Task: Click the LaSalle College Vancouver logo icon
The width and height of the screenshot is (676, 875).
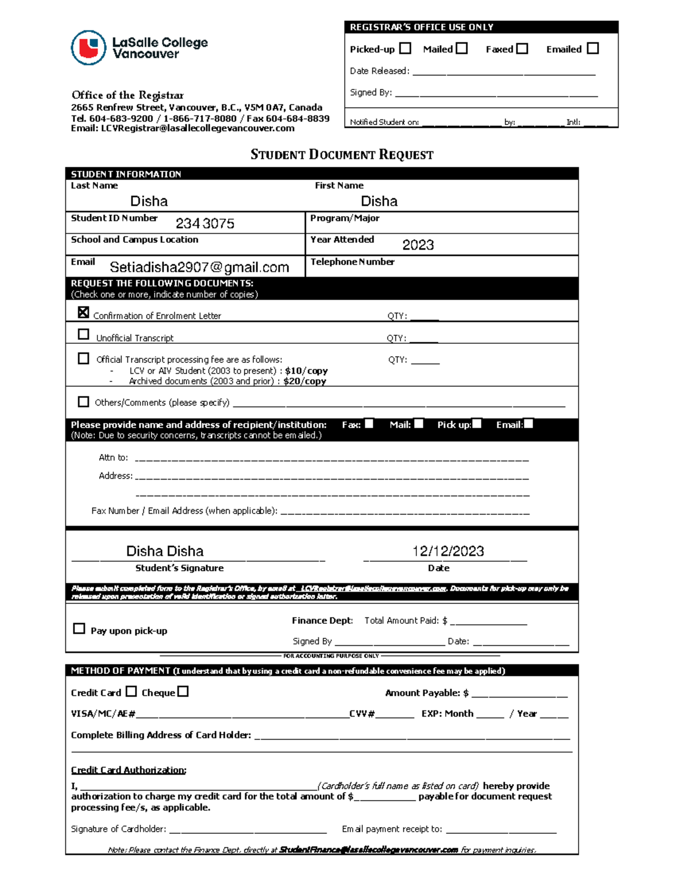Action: tap(88, 48)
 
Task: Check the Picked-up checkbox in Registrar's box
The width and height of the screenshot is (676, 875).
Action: tap(405, 48)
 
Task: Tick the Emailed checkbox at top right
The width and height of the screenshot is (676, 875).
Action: tap(593, 48)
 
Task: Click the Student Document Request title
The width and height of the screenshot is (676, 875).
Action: tap(342, 155)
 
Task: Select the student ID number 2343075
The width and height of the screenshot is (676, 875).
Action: tap(205, 224)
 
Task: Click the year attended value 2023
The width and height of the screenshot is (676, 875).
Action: tap(418, 245)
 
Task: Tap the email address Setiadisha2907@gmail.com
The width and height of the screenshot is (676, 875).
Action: tap(199, 267)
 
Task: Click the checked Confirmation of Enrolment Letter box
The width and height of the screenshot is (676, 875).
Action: tap(83, 312)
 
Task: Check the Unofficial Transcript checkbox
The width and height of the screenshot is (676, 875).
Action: tap(83, 334)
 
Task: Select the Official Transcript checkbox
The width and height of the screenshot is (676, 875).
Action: tap(83, 358)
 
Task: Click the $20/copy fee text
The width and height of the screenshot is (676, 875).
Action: tap(305, 381)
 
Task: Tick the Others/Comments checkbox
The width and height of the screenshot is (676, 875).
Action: tap(83, 402)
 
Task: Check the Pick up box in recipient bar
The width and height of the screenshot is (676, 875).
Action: tap(477, 424)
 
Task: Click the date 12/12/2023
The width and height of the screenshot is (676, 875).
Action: tap(448, 551)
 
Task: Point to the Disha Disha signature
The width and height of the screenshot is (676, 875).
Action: tap(164, 551)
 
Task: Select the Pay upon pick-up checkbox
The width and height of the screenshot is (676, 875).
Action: tap(79, 628)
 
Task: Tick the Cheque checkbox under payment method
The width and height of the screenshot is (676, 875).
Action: tap(183, 691)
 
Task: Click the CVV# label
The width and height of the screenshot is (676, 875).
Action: tap(362, 714)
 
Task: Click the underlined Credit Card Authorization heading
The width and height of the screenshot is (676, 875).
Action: tap(128, 770)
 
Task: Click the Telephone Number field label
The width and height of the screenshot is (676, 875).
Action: tap(352, 262)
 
